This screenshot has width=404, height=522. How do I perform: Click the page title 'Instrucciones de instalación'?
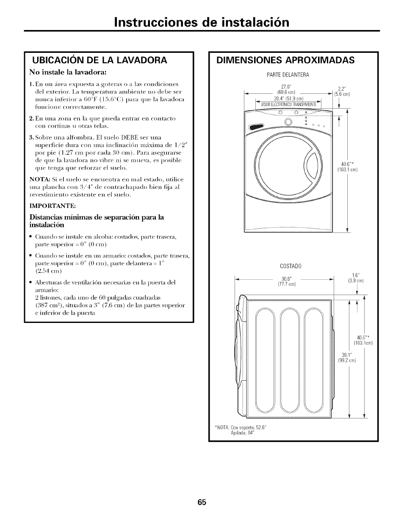point(202,22)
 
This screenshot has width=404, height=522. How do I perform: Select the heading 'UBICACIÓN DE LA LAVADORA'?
point(100,60)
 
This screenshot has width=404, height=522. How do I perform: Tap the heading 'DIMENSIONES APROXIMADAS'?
point(285,60)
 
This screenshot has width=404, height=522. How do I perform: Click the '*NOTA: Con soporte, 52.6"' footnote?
point(242,427)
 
